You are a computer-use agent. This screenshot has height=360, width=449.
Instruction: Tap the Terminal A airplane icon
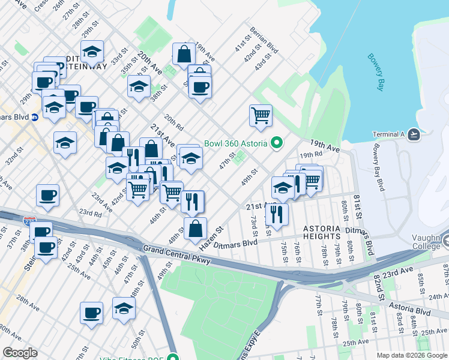click(x=414, y=134)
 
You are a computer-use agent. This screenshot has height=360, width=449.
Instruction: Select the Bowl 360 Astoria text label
click(x=237, y=143)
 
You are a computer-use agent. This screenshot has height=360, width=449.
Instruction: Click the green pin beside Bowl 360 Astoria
click(x=276, y=143)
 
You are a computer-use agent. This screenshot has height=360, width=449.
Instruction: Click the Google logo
click(x=20, y=353)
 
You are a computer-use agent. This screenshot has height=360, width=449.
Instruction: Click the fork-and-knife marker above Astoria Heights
click(x=277, y=214)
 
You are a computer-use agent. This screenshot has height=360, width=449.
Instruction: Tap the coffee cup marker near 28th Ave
click(x=92, y=312)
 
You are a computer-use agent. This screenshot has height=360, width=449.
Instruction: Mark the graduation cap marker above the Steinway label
click(x=92, y=52)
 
